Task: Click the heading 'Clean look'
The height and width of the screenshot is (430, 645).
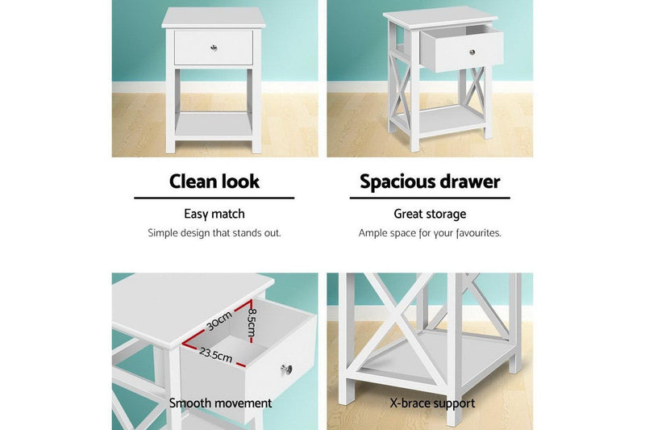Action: coord(214,181)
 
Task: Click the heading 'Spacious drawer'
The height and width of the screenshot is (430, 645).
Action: coord(430,181)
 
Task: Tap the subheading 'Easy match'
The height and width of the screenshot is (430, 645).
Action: coord(214,214)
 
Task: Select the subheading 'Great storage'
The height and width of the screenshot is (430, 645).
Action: coord(430,214)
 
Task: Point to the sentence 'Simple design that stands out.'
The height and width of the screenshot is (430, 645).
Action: coord(214,232)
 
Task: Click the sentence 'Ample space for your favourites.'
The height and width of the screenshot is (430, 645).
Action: coord(430,232)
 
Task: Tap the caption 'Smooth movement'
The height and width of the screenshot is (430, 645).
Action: coord(220,403)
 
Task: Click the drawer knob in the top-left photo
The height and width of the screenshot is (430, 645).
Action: coord(214,48)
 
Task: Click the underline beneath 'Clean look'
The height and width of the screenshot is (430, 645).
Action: coord(214,197)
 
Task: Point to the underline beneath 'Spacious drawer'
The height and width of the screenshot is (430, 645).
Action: coord(430,197)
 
